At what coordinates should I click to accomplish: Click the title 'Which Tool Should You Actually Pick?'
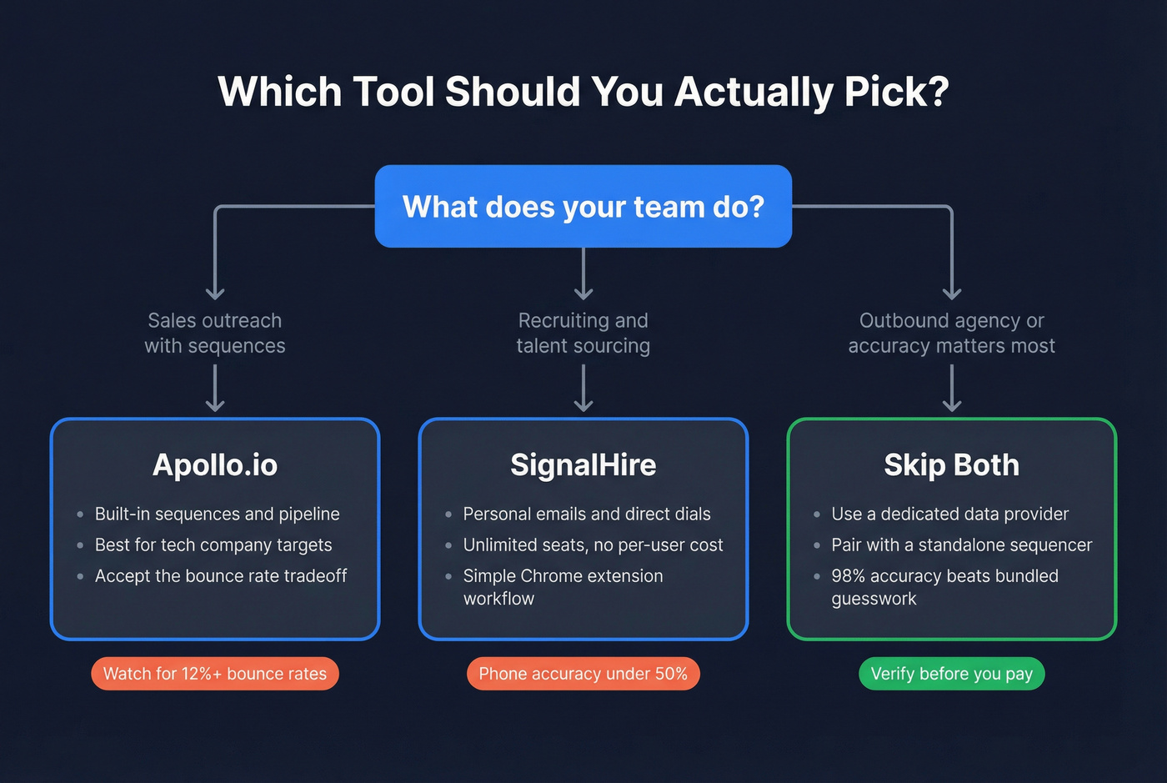583,92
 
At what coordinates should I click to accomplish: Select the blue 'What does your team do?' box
583,207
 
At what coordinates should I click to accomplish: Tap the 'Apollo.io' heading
215,464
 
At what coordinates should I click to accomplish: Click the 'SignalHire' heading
583,464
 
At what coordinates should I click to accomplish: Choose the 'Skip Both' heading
951,464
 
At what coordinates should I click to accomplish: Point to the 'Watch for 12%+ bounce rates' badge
215,674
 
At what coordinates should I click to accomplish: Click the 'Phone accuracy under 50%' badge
583,674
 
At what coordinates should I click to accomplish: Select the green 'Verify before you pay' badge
951,674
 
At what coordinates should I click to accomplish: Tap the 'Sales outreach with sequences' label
215,333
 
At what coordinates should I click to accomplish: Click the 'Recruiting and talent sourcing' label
583,333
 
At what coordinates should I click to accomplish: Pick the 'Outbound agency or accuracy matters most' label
951,333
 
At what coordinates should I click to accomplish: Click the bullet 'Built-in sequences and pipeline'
217,514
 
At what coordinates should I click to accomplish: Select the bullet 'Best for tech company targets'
213,545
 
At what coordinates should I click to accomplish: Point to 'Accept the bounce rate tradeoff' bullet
221,575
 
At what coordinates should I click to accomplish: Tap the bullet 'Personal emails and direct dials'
587,514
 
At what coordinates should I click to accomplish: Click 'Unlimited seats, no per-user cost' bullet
593,545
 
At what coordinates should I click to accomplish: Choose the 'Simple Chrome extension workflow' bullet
563,586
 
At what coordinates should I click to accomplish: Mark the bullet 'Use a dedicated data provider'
949,514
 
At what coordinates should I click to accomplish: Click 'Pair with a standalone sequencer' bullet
961,545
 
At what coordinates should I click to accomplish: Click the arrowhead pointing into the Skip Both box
952,406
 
